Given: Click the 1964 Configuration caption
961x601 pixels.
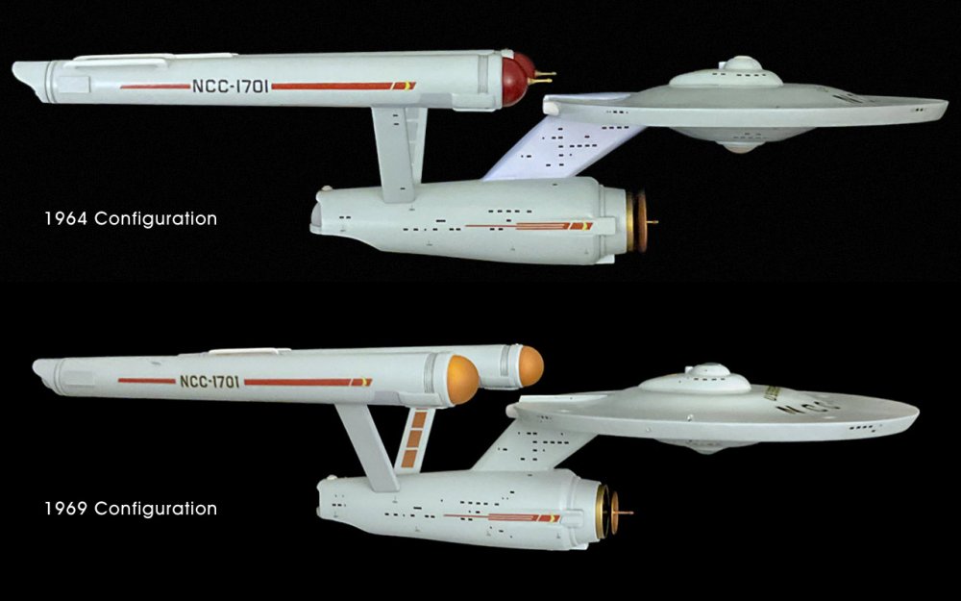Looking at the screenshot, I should (x=131, y=219).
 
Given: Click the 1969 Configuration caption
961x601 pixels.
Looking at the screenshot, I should (x=131, y=509).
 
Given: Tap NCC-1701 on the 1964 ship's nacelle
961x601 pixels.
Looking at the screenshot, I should (x=230, y=86).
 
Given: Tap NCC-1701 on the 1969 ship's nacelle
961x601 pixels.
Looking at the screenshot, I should (x=209, y=381).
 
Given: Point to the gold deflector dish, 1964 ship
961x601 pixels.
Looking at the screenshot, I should (x=638, y=222).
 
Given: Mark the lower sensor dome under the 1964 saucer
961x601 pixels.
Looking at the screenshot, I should (x=740, y=147).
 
